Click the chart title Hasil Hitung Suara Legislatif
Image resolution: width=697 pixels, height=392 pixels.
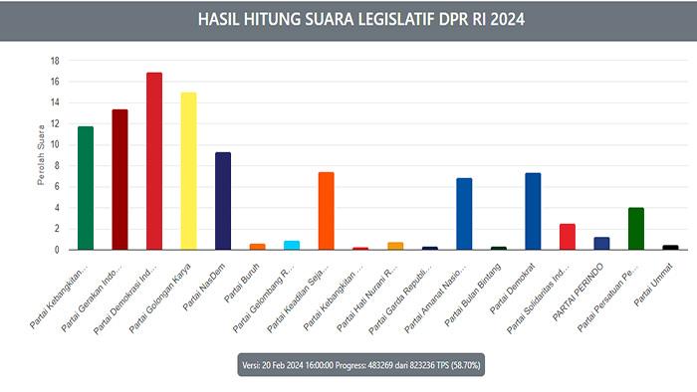pos(348,19)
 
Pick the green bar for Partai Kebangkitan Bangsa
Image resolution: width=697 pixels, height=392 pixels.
pos(85,188)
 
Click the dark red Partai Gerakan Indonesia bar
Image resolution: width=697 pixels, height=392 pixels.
pos(119,180)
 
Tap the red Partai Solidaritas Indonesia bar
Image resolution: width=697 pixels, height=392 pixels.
pos(568,237)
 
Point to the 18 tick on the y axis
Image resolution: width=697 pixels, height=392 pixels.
pos(56,60)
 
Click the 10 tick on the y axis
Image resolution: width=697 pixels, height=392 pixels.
pos(56,144)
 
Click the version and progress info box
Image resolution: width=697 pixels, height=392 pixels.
pos(348,365)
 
